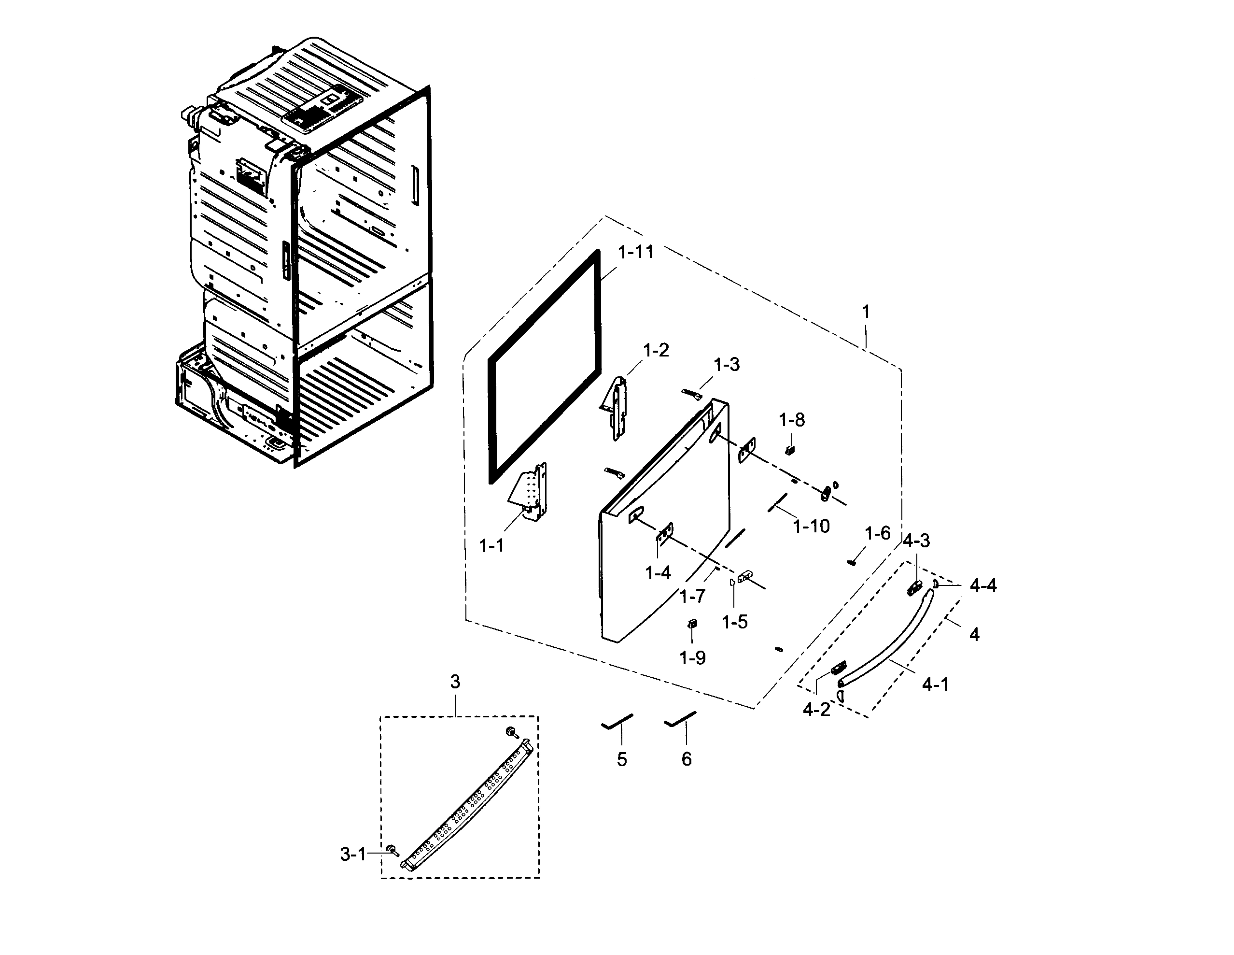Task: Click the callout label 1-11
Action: pos(636,252)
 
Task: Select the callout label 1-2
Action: pos(656,351)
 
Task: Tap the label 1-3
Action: pos(726,365)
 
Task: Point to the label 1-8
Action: pos(792,420)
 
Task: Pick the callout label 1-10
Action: pos(811,527)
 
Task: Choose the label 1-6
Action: pos(878,533)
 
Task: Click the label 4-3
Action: pos(916,541)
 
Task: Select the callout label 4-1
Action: pos(935,684)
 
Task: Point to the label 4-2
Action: pos(816,709)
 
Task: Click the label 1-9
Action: pos(692,657)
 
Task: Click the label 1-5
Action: pos(734,622)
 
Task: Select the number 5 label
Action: pos(621,759)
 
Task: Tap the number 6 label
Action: pos(686,759)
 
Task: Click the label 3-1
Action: pos(353,855)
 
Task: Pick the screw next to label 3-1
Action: pos(392,850)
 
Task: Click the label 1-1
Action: pos(491,546)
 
